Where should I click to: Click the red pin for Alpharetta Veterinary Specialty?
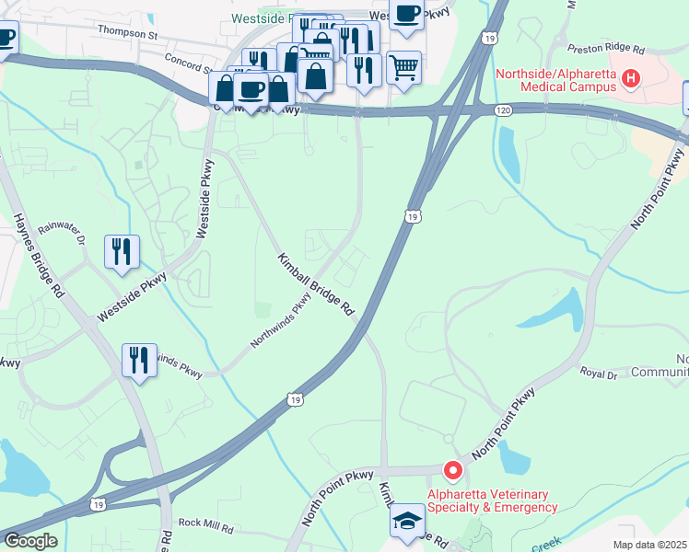coord(452,471)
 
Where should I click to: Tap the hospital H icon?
coord(631,80)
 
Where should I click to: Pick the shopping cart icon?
coord(404,66)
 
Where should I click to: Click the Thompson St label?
coord(129,33)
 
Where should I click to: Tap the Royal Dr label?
coord(598,374)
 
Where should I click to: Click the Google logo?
coord(30,541)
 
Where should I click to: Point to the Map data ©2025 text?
coord(649,545)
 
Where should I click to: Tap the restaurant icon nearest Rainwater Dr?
coord(122,250)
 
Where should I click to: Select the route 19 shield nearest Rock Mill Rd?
coord(98,504)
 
